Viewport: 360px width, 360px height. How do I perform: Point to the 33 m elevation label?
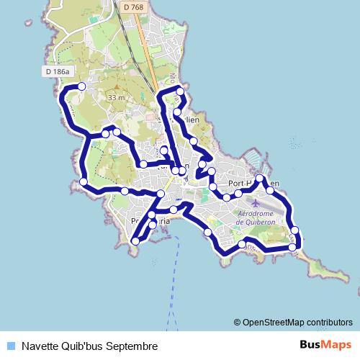click(x=115, y=97)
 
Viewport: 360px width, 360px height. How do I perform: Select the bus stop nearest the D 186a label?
click(x=81, y=86)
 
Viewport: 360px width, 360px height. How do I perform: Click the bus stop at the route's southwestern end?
click(x=135, y=241)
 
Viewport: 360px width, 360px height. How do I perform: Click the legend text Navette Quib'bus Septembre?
click(x=89, y=346)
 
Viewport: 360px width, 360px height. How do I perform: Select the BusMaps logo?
click(x=325, y=345)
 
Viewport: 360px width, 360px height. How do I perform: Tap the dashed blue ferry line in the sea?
click(x=173, y=288)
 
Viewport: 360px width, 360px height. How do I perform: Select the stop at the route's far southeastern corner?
click(x=292, y=247)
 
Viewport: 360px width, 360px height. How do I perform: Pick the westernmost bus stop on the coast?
click(x=84, y=181)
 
